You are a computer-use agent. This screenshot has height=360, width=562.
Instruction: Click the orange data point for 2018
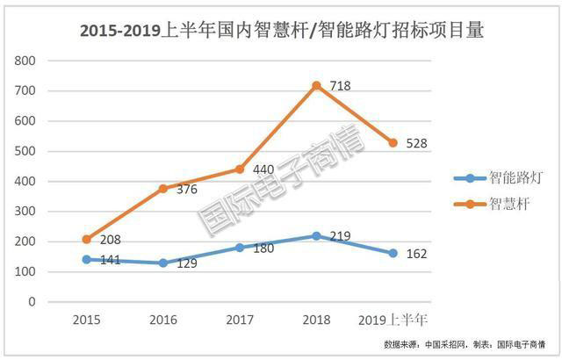click(315, 85)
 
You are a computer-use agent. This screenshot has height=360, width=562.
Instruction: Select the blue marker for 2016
click(162, 263)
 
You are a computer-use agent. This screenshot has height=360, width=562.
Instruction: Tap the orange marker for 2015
click(86, 239)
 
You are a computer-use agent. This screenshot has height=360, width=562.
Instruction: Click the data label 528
click(416, 143)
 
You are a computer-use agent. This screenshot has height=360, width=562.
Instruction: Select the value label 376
click(187, 191)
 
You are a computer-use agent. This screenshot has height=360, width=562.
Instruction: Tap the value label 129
click(187, 264)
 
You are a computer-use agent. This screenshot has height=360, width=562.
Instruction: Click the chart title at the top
click(282, 31)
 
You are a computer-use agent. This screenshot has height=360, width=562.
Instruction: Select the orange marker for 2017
click(239, 169)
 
